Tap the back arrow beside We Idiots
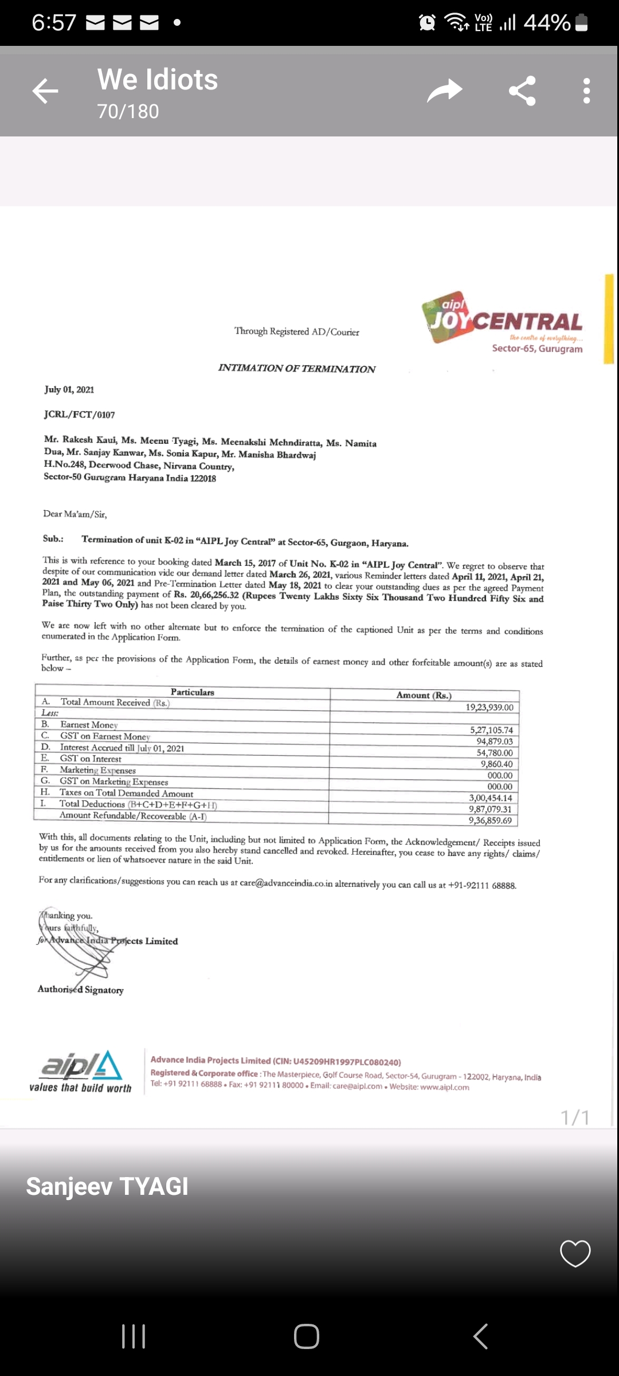point(45,91)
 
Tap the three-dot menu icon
point(586,91)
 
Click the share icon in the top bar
point(522,91)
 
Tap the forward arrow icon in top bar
point(445,91)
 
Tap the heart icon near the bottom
point(575,1253)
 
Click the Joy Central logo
point(503,321)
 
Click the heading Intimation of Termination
point(296,369)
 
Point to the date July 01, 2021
point(69,390)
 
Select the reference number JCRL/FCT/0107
point(79,415)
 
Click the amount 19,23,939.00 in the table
point(489,707)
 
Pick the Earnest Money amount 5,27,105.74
point(491,730)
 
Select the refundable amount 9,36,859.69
point(490,820)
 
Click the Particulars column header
point(192,692)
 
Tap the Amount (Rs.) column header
point(424,695)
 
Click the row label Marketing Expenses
point(97,770)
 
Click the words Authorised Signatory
point(81,990)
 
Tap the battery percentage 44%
point(547,23)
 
